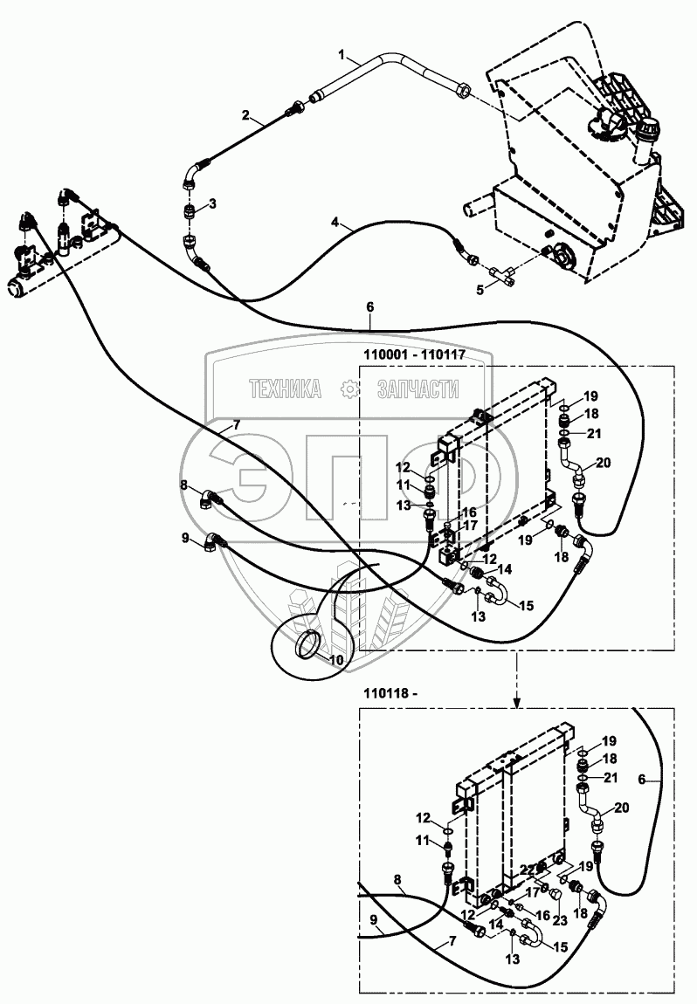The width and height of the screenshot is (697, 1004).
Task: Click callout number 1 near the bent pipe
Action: point(342,55)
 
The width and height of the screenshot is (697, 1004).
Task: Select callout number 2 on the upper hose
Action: point(245,114)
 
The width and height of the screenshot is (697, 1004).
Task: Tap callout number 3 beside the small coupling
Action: point(213,203)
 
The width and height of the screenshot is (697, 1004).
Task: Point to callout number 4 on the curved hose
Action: point(335,222)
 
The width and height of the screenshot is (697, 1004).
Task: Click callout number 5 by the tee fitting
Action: point(480,290)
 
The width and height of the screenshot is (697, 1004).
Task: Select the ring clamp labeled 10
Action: point(307,643)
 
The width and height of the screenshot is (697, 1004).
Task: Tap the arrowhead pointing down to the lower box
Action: point(517,703)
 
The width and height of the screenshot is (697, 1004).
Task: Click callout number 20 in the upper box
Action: point(603,463)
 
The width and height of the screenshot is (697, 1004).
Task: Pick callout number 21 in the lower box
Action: point(610,777)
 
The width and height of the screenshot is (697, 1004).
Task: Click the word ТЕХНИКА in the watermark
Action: point(285,389)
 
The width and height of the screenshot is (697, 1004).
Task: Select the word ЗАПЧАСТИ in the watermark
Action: point(418,389)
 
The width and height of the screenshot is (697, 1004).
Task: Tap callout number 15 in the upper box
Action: point(525,605)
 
